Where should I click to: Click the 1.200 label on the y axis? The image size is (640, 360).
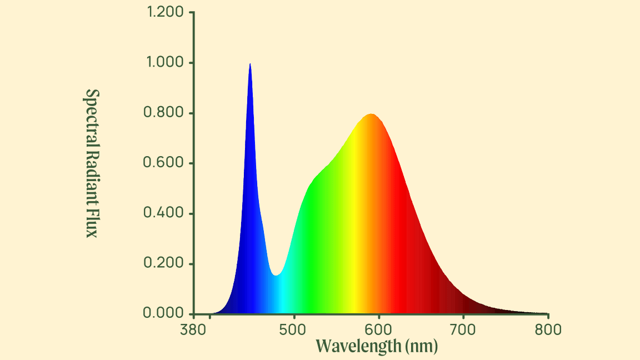tap(165, 12)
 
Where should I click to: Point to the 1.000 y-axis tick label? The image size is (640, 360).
tap(165, 62)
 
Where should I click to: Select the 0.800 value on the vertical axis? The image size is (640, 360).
tap(163, 113)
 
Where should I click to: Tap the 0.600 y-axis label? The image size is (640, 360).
tap(163, 163)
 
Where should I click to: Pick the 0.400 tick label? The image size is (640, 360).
tap(163, 213)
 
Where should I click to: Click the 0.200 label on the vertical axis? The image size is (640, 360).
tap(163, 263)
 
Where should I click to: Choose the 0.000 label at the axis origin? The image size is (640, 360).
tap(163, 313)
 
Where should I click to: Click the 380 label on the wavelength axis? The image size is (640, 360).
tap(193, 330)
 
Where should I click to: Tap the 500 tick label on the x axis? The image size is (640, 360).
tap(293, 330)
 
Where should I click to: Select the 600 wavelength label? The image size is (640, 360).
tap(379, 330)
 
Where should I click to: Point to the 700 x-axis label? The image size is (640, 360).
tap(463, 330)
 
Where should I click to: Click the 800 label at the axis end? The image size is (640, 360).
tap(548, 330)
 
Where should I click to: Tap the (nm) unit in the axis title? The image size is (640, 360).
tap(422, 346)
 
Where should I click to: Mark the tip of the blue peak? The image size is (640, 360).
tap(250, 64)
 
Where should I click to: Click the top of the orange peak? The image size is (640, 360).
tap(371, 114)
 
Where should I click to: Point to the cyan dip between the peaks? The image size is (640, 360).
tap(276, 276)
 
